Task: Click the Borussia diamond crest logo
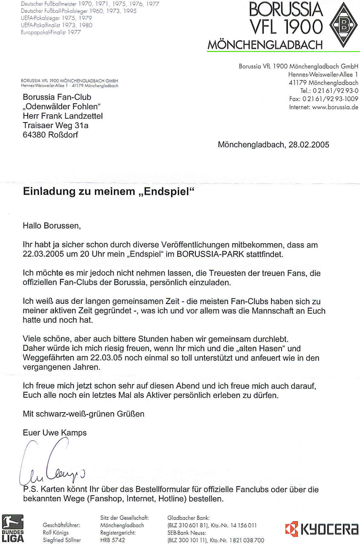click(344, 25)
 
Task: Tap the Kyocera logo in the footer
click(321, 529)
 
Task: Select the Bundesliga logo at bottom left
click(13, 528)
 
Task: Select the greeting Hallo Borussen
click(52, 226)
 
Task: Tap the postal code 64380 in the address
click(34, 135)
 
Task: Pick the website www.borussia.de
click(335, 107)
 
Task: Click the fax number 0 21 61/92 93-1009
click(330, 99)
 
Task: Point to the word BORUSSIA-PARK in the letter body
click(210, 254)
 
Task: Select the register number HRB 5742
click(112, 540)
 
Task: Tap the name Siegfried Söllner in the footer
click(62, 540)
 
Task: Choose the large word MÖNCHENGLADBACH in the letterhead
click(265, 45)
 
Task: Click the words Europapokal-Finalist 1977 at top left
click(51, 32)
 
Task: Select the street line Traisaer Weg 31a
click(56, 126)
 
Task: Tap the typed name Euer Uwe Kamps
click(55, 433)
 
